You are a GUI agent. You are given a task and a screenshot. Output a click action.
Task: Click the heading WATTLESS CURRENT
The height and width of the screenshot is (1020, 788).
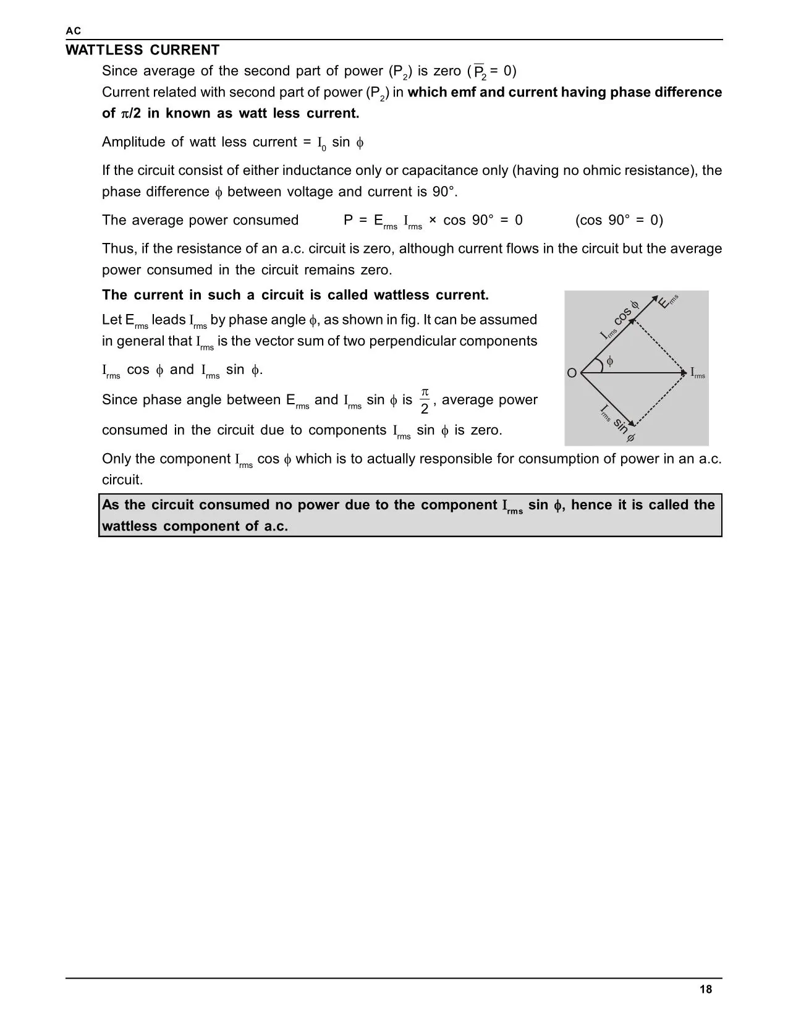tap(142, 50)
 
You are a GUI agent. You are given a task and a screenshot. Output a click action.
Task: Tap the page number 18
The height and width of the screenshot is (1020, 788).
tap(705, 989)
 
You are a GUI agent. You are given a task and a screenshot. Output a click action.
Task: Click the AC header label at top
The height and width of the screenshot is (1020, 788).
tap(74, 31)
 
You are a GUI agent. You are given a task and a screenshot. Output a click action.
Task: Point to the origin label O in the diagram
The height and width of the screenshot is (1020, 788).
tap(571, 373)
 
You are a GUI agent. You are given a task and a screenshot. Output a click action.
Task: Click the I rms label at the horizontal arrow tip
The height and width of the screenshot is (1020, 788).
tap(698, 373)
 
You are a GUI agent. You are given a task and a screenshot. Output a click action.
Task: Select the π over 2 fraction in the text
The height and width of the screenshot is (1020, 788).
tap(425, 401)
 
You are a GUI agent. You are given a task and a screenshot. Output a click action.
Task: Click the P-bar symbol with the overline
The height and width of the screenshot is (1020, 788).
tap(480, 72)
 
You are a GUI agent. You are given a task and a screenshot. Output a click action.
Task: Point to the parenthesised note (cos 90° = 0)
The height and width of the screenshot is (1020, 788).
tap(619, 220)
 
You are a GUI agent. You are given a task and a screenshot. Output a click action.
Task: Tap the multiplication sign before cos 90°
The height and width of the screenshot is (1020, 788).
tap(433, 220)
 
